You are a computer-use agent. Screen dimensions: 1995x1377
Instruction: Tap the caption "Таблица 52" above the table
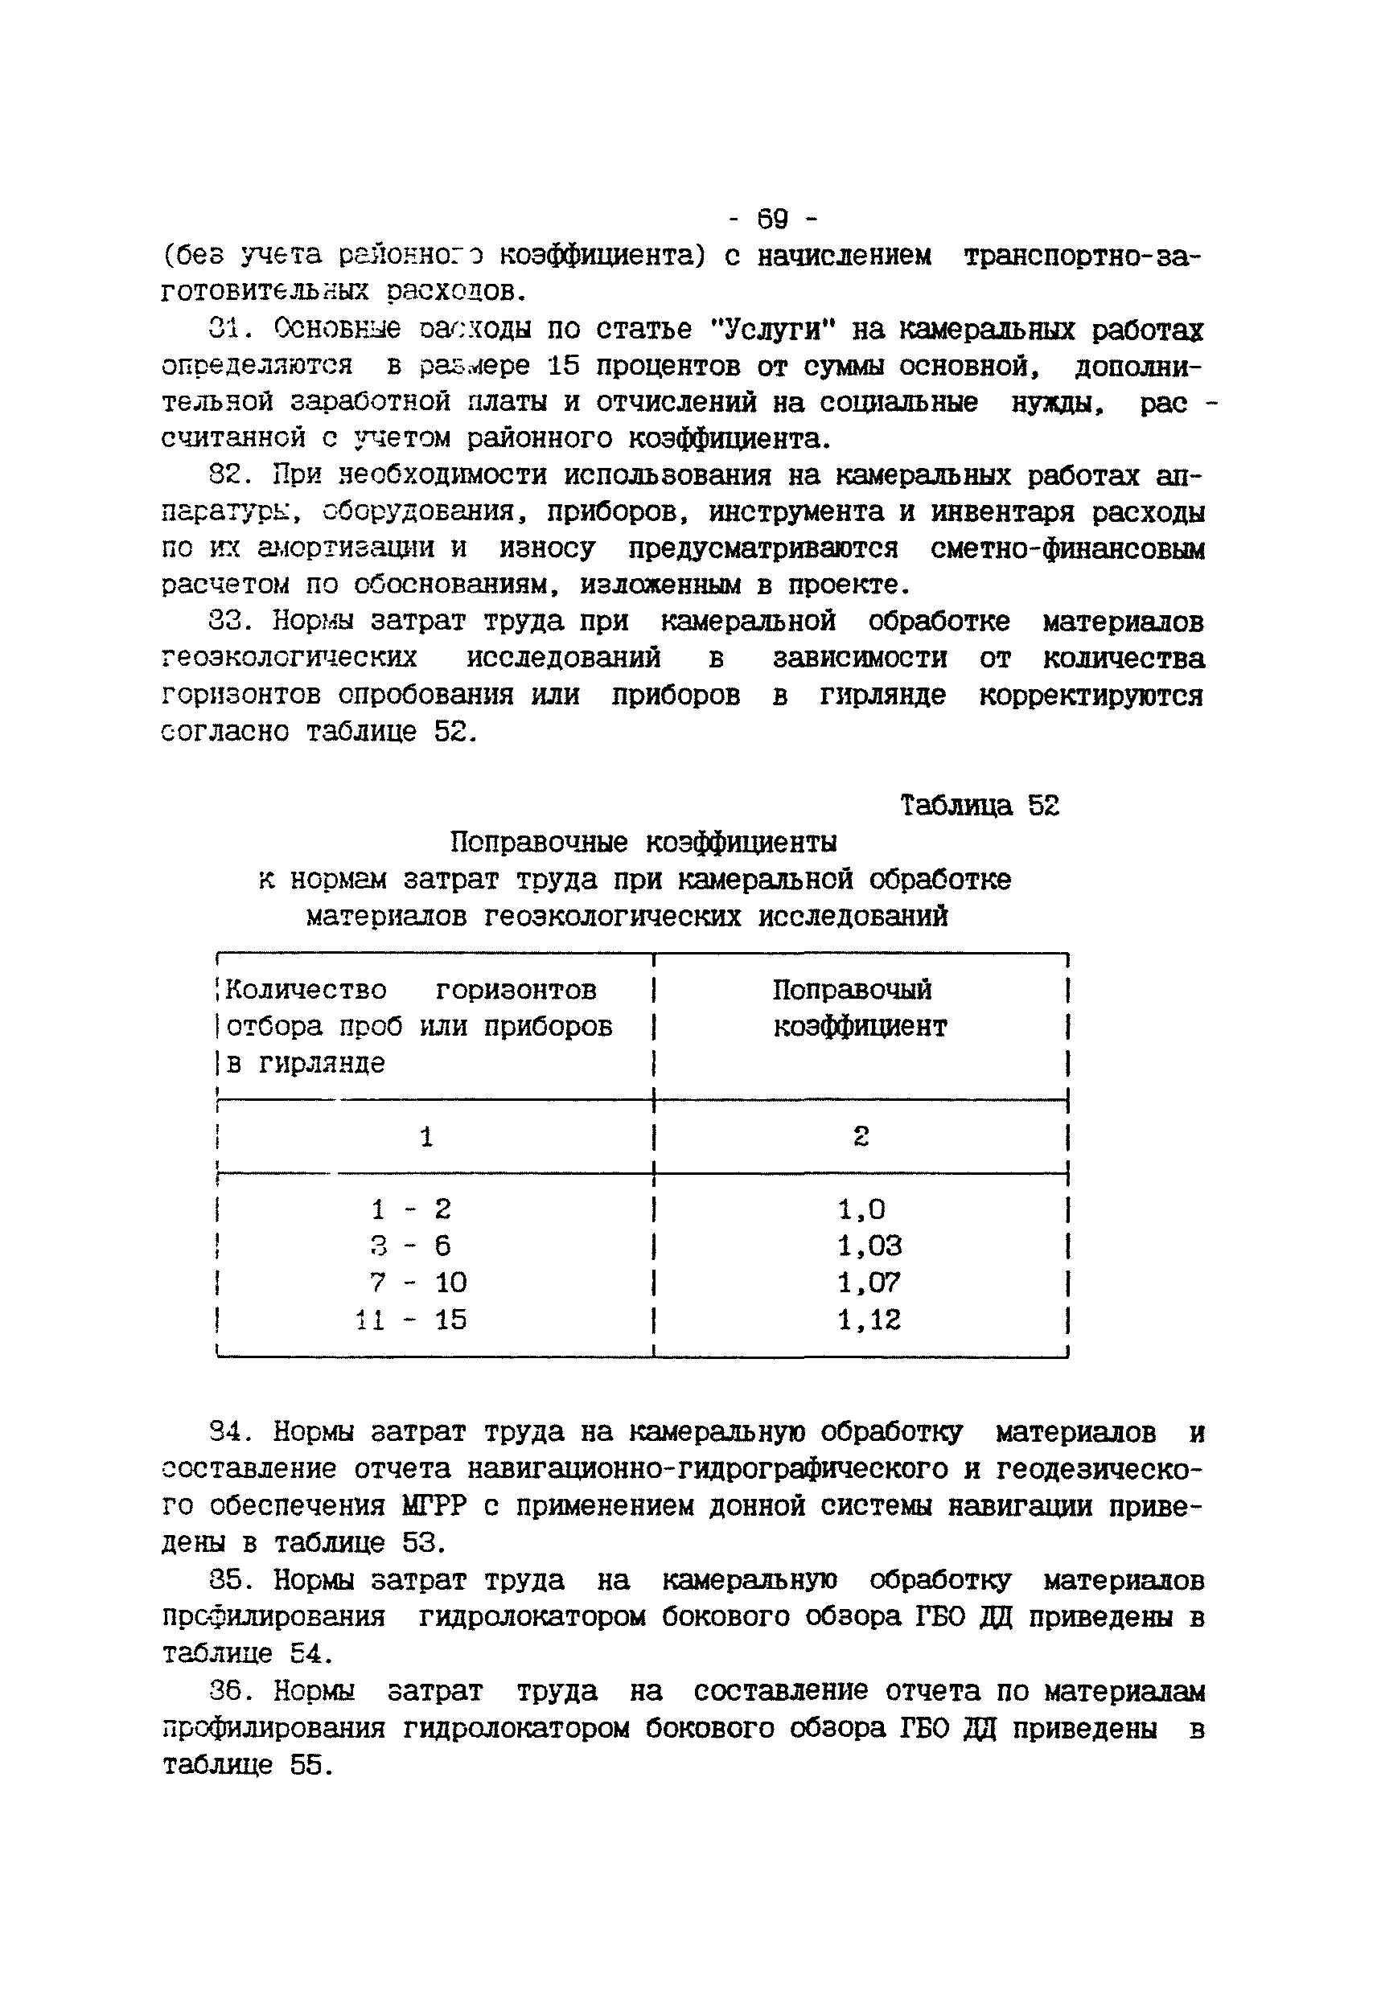tap(979, 806)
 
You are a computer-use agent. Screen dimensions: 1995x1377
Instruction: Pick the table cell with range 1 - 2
tap(411, 1209)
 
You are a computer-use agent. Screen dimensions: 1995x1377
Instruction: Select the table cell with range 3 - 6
tap(411, 1246)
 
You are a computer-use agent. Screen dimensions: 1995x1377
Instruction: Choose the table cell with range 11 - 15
tap(411, 1320)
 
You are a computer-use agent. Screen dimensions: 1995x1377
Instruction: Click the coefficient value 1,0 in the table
tap(861, 1209)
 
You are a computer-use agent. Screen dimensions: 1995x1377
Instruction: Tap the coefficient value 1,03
tap(869, 1246)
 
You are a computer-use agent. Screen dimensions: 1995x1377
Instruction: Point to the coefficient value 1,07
tap(869, 1283)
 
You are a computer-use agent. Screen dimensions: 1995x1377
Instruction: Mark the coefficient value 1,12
tap(869, 1320)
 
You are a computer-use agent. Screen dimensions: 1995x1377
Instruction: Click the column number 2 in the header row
tap(860, 1137)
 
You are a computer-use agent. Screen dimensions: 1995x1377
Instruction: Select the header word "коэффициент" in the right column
tap(859, 1026)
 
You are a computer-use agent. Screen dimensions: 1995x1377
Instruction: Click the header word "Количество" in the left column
tap(306, 989)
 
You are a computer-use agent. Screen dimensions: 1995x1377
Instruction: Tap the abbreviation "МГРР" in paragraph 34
tap(434, 1506)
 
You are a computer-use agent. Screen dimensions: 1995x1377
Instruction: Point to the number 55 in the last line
tap(307, 1765)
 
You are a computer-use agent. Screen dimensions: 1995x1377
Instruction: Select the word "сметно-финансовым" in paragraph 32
tap(1067, 548)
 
